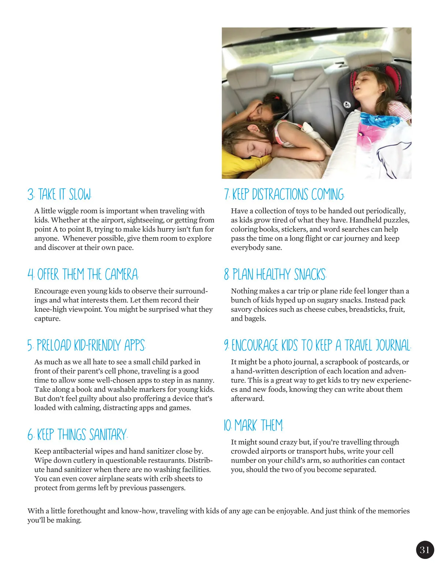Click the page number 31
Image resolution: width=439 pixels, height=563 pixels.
tap(425, 550)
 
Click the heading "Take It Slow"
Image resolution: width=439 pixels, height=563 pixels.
tap(59, 194)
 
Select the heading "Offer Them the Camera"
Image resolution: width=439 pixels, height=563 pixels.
tap(83, 275)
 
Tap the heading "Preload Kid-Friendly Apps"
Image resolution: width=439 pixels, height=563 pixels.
tap(86, 345)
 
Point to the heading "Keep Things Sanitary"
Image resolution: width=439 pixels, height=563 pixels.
tap(77, 435)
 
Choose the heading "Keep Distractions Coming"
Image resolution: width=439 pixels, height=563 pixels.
tap(284, 194)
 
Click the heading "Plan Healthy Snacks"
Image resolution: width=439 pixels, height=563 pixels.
tap(275, 275)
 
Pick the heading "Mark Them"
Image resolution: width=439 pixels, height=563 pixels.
tap(254, 425)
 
